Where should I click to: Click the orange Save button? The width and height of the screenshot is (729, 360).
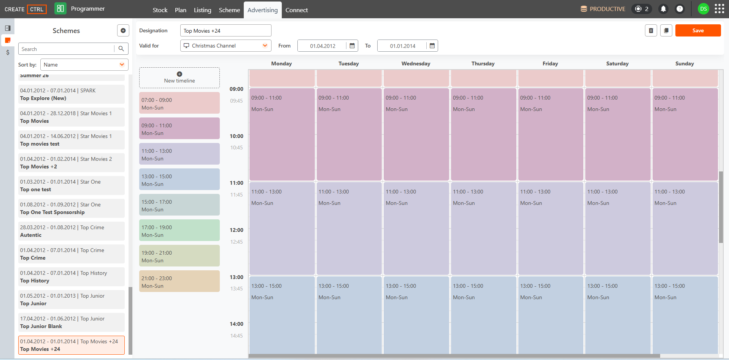click(698, 30)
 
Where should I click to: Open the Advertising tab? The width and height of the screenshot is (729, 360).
click(262, 10)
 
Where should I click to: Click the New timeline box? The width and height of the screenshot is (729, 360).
click(179, 78)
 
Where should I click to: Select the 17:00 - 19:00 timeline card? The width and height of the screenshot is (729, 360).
click(179, 230)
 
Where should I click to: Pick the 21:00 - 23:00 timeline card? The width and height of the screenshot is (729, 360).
click(179, 281)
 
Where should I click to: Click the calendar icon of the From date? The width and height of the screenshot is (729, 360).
click(352, 46)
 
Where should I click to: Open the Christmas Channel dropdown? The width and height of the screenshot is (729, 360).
click(226, 46)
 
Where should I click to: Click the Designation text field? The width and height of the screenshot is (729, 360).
click(226, 30)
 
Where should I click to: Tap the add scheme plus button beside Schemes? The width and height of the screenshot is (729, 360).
click(123, 30)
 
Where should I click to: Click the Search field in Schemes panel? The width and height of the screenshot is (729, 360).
click(67, 49)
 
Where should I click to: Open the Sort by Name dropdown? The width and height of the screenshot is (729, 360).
click(84, 65)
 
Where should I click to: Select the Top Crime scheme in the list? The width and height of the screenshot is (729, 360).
click(71, 254)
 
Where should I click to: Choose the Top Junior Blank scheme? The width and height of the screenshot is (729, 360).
click(71, 322)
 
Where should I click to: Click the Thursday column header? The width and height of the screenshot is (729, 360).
click(483, 63)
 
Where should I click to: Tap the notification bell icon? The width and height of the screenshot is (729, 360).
click(663, 9)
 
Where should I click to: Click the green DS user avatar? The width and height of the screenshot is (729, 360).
click(704, 9)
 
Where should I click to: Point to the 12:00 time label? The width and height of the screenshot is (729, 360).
click(237, 230)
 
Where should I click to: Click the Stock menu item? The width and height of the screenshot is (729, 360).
click(160, 10)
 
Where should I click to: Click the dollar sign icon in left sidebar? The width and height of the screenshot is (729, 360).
click(8, 52)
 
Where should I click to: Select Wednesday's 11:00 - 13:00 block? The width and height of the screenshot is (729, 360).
click(416, 228)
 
